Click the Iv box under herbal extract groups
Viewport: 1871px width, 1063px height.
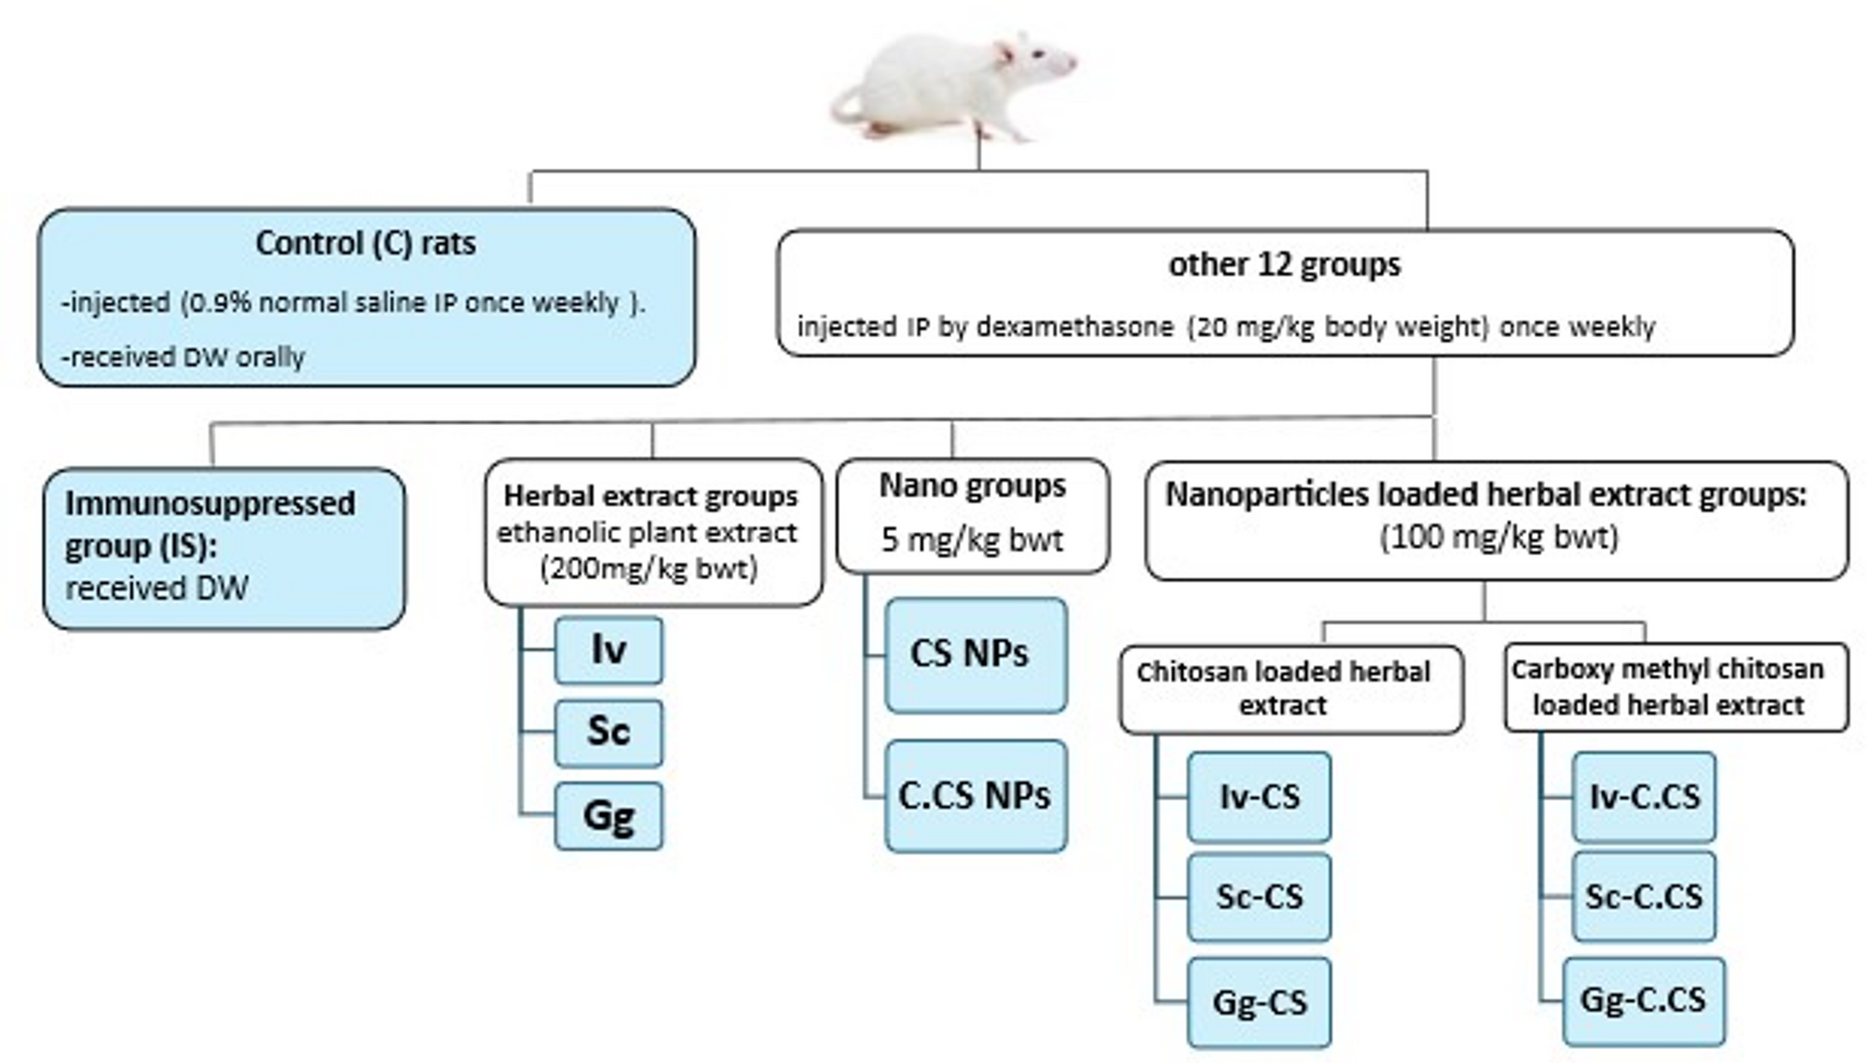[608, 649]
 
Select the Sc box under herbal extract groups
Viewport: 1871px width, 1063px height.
[608, 731]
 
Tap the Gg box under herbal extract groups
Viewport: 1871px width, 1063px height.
[608, 815]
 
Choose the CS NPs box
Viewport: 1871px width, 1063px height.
[975, 654]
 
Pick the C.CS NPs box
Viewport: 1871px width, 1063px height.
[975, 796]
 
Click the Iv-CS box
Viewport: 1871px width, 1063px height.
[1259, 797]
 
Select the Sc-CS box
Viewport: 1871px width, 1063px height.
[1259, 896]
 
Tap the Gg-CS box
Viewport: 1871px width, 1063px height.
[1259, 1002]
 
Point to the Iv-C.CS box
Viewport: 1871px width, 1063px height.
[1644, 797]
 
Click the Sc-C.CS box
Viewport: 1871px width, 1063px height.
[1644, 896]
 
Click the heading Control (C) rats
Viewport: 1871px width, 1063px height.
[365, 243]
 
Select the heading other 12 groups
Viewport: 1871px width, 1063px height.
[1284, 265]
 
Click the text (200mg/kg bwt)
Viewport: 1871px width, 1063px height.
[649, 568]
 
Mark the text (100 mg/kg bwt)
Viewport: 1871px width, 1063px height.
[1498, 538]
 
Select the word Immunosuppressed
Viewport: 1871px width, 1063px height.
[210, 503]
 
